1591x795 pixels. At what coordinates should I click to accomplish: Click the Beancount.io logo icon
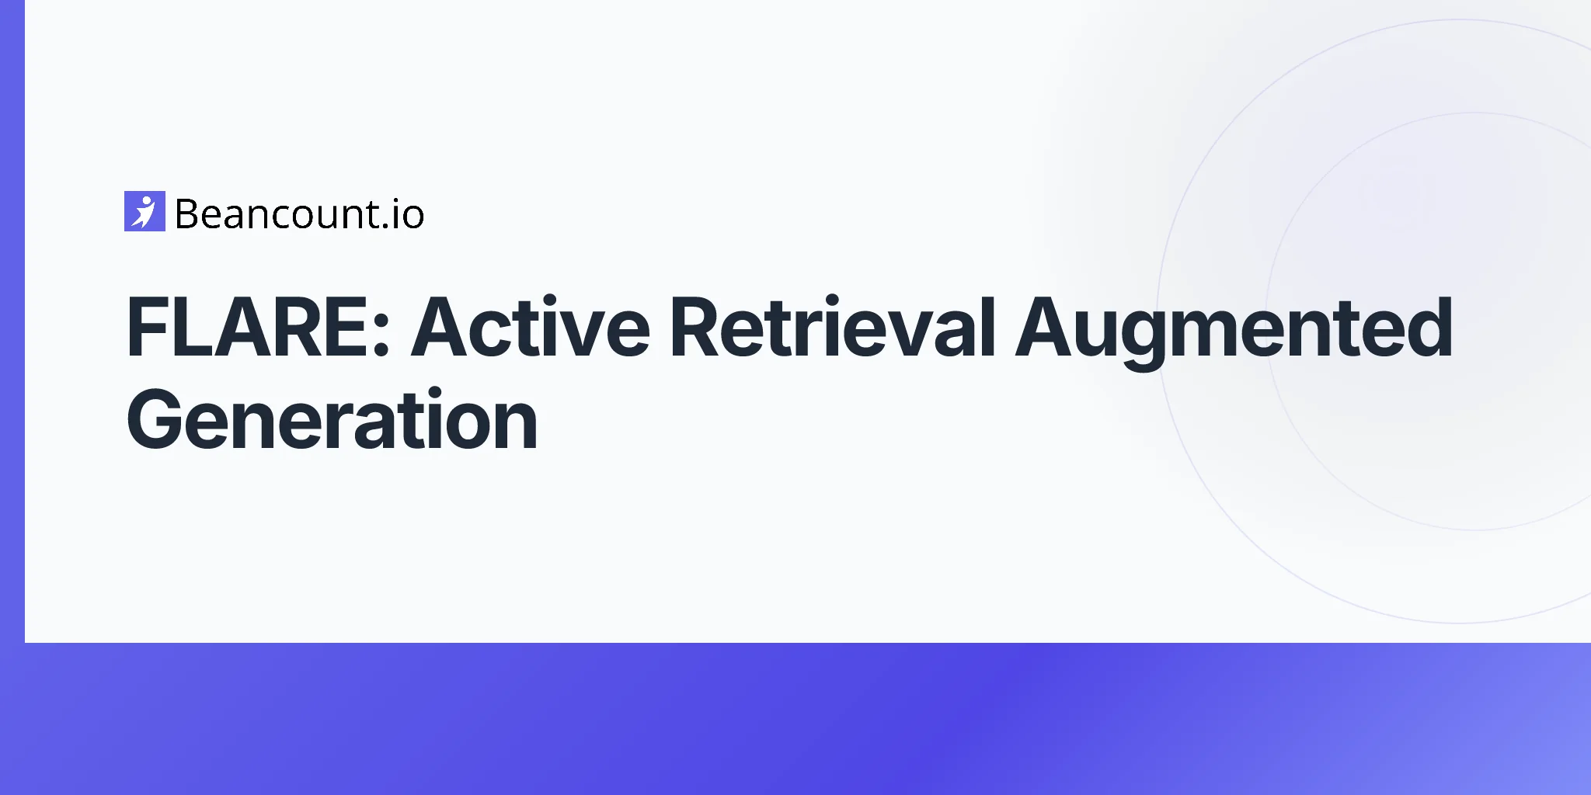click(x=144, y=211)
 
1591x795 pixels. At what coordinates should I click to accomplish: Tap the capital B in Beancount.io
click(x=189, y=214)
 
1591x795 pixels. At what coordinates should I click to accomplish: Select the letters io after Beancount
click(x=409, y=214)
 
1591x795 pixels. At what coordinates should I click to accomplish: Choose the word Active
click(x=531, y=327)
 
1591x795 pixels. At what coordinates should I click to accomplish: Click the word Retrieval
click(x=833, y=327)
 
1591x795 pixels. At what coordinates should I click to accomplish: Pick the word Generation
click(x=332, y=420)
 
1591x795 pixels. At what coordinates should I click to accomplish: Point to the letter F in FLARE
click(x=147, y=328)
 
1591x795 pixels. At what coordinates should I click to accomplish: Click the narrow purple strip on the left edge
click(x=12, y=321)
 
